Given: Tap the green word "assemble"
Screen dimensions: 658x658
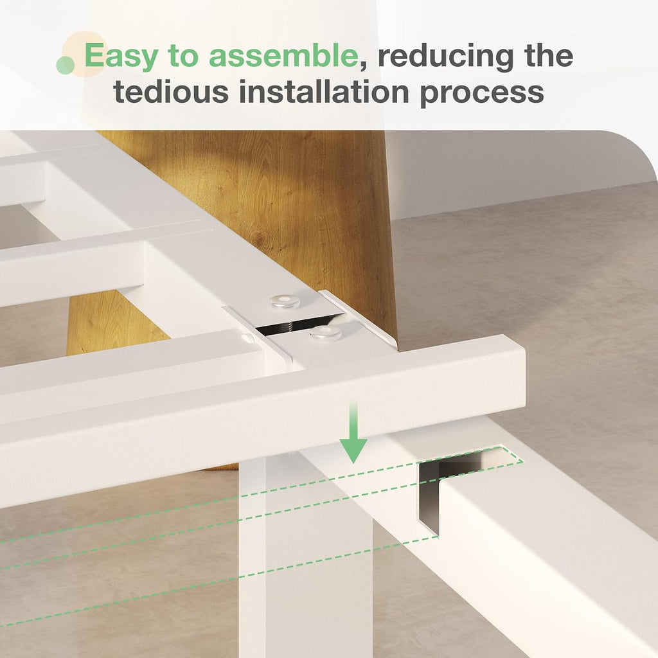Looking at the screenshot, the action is [x=283, y=55].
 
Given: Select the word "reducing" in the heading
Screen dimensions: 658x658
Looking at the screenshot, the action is [x=446, y=57].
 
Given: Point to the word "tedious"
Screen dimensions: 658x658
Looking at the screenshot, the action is [x=171, y=91].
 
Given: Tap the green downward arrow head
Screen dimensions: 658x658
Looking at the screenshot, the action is [x=353, y=450].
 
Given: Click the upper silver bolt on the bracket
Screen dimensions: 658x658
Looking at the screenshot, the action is [x=285, y=301].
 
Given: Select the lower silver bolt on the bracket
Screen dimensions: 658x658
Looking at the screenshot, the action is [x=325, y=333].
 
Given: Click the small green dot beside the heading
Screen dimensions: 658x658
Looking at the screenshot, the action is [x=66, y=65].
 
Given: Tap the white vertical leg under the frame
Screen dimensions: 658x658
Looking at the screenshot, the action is [x=305, y=554].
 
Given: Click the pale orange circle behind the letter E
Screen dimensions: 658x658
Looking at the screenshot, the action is [x=85, y=54].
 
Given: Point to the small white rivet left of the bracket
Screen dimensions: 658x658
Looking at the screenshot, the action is [x=245, y=337].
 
